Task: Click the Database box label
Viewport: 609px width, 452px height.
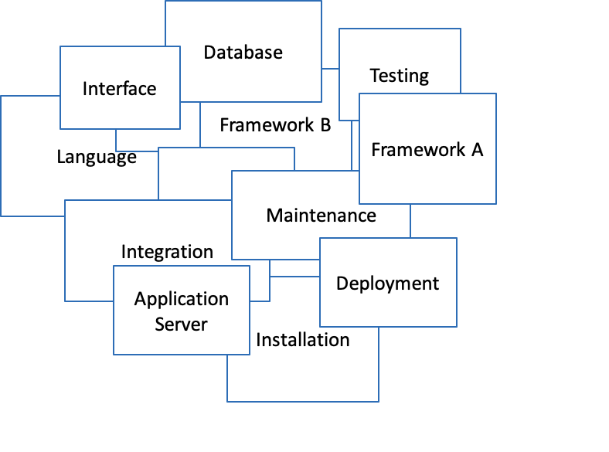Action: click(243, 53)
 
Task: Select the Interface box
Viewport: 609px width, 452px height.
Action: click(120, 88)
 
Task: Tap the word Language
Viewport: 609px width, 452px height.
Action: click(97, 158)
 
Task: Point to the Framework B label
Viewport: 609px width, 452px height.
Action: click(275, 125)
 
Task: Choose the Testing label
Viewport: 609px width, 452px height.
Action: click(399, 76)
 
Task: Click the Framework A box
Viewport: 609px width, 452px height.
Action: click(427, 149)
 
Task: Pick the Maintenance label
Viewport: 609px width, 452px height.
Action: click(321, 216)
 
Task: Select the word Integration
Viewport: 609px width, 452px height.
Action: click(167, 252)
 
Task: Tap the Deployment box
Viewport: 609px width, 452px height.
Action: click(387, 283)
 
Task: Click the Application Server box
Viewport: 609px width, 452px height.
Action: click(182, 311)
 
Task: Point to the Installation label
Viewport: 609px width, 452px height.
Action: click(302, 340)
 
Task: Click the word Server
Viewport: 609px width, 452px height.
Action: click(181, 323)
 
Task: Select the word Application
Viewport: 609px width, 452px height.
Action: click(182, 299)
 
